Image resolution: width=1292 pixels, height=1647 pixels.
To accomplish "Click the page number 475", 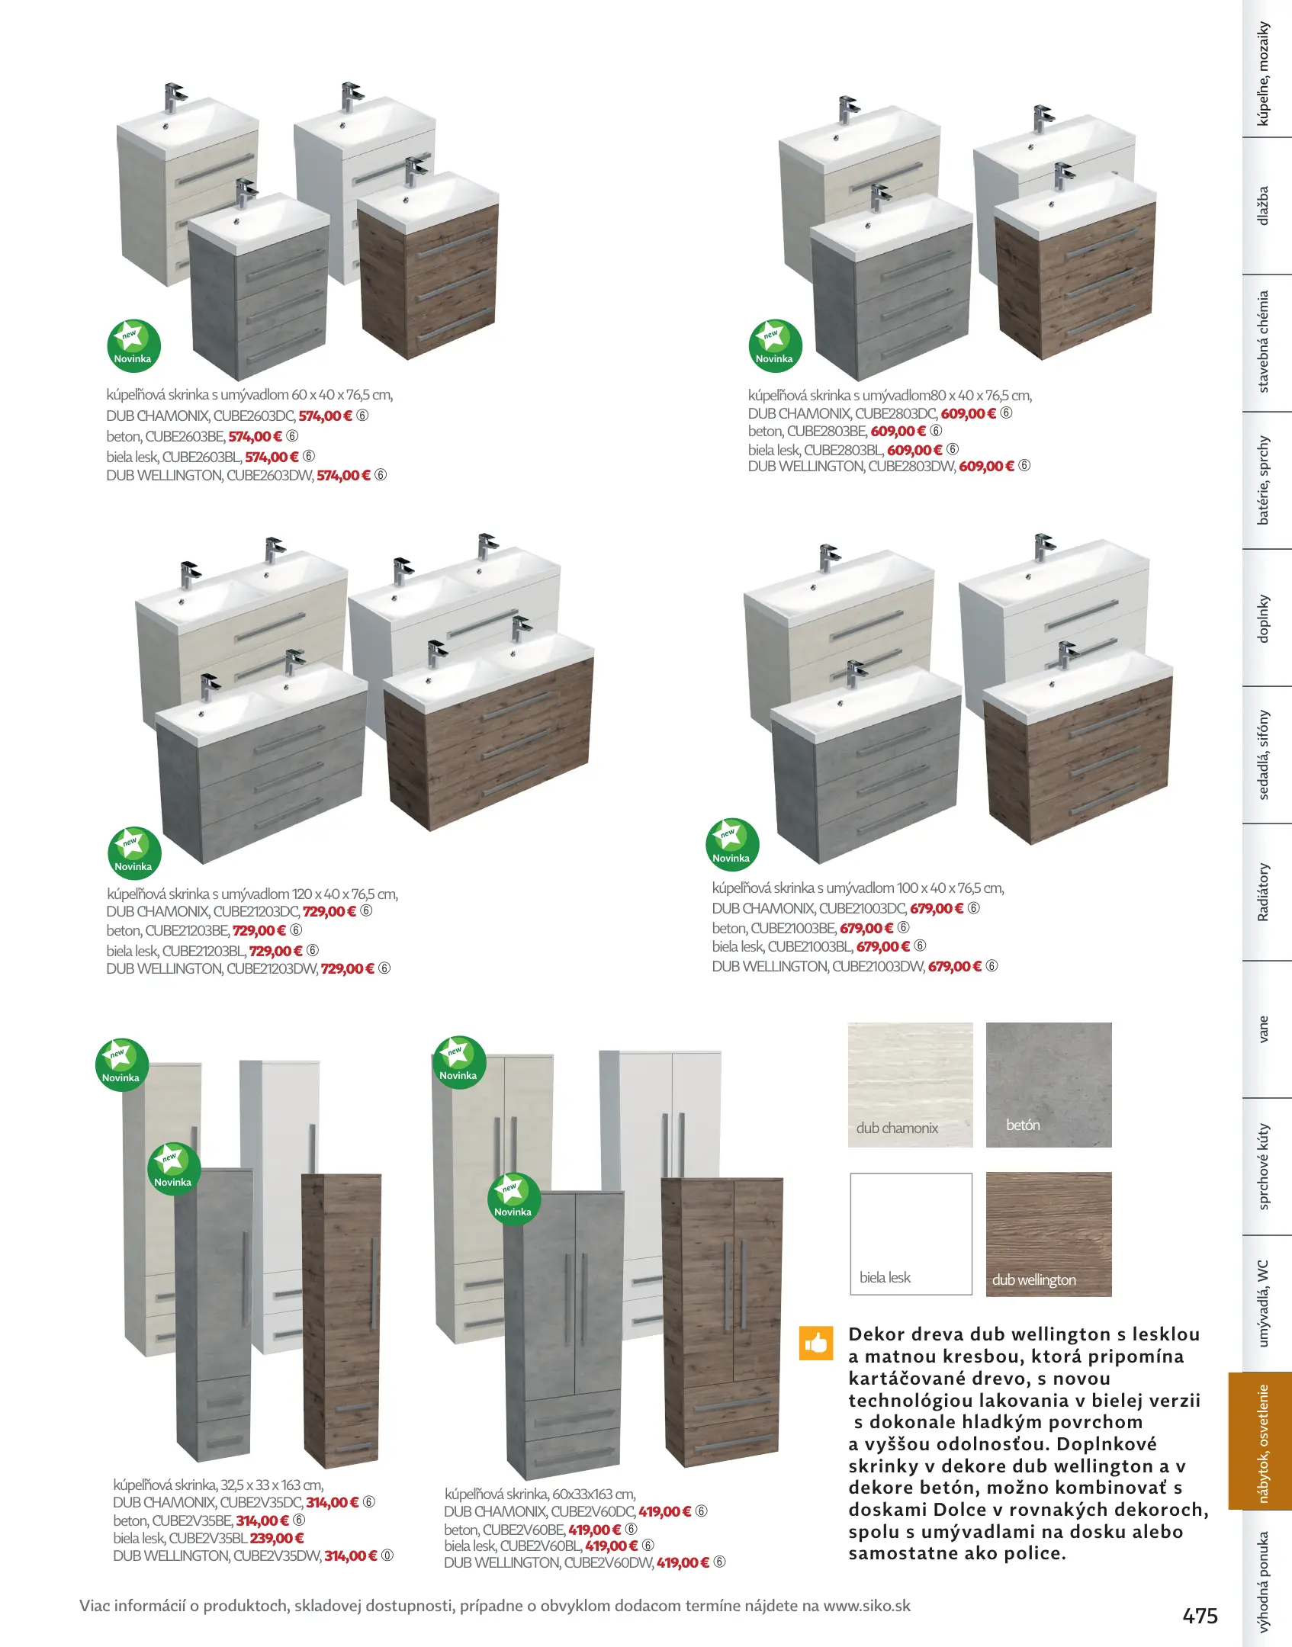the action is point(1200,1616).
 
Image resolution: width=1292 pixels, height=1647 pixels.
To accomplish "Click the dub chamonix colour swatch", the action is point(911,1084).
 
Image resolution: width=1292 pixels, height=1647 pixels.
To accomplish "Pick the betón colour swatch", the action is point(1049,1084).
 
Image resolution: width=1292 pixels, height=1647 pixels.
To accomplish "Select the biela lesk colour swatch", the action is point(911,1234).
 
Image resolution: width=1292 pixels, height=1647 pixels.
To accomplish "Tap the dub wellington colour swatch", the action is point(1049,1234).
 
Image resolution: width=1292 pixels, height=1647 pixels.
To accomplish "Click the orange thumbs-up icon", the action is point(815,1343).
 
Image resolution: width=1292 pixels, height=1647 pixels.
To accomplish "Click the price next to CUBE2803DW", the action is point(987,466).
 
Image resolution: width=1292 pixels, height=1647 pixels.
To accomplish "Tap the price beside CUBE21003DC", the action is point(937,908).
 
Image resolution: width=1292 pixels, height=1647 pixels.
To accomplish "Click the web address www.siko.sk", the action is point(867,1605).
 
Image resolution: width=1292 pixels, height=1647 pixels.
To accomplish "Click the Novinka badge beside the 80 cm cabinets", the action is point(775,346).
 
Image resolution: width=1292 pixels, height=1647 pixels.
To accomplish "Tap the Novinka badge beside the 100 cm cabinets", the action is point(732,846).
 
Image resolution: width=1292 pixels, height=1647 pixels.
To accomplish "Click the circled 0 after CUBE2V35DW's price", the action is point(387,1555).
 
